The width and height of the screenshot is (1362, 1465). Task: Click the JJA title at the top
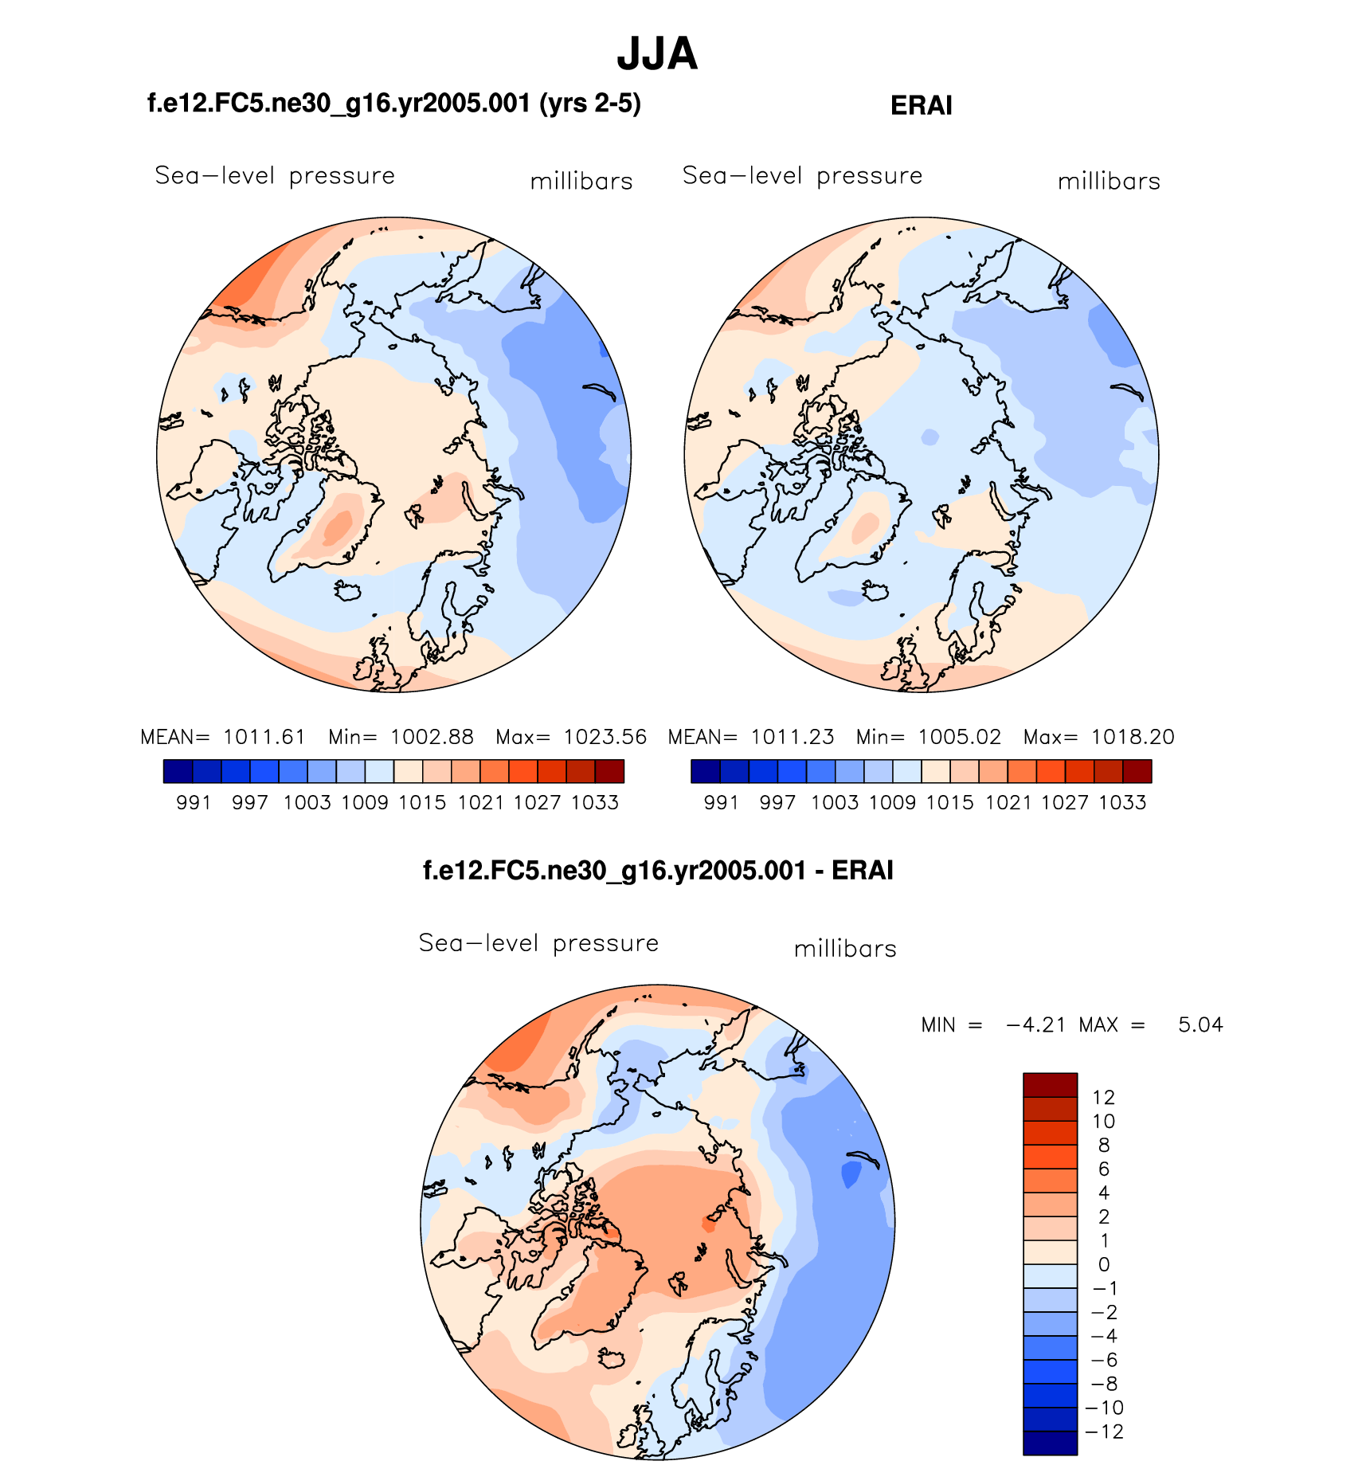pos(657,54)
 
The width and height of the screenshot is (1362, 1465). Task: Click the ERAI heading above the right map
pos(921,106)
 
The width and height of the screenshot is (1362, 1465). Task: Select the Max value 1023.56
pos(605,737)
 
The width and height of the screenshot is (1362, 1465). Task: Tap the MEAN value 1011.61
pos(264,737)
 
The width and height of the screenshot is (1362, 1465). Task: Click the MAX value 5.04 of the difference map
pos(1200,1024)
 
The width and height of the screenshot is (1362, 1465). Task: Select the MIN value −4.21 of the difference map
pos(1035,1024)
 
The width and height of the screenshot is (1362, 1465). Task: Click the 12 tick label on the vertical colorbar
pos(1103,1097)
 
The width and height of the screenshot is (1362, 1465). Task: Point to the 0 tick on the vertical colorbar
pos(1103,1264)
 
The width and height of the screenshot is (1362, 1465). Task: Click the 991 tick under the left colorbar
pos(194,803)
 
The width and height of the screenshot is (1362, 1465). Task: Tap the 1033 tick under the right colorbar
pos(1122,803)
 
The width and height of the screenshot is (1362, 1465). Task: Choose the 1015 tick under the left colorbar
pos(422,803)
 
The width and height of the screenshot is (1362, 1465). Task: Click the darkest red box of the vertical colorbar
pos(1050,1085)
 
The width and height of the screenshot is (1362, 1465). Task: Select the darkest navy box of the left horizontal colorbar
pos(178,771)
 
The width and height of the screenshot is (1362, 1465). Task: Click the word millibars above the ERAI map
pos(1109,182)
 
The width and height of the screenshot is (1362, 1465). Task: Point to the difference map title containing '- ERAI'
pos(658,870)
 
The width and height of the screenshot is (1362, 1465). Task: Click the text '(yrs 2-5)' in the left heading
pos(590,104)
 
